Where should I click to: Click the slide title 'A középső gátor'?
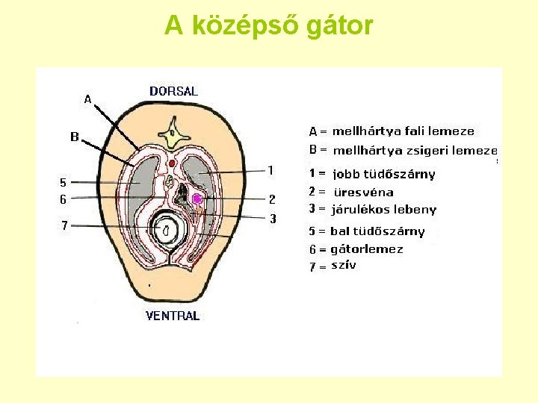pyautogui.click(x=268, y=25)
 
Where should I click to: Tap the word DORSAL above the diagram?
pyautogui.click(x=173, y=91)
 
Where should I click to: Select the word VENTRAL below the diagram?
pyautogui.click(x=173, y=316)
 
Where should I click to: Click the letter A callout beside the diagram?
pyautogui.click(x=87, y=99)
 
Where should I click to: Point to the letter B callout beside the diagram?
pyautogui.click(x=75, y=137)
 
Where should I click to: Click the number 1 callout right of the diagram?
pyautogui.click(x=270, y=170)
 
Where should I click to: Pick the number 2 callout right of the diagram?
pyautogui.click(x=272, y=199)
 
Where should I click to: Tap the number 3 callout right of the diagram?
pyautogui.click(x=273, y=219)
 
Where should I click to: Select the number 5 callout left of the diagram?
pyautogui.click(x=63, y=182)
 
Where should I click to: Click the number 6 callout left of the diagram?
pyautogui.click(x=64, y=199)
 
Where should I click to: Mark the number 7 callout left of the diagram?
pyautogui.click(x=65, y=225)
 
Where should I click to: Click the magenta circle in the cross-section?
pyautogui.click(x=197, y=199)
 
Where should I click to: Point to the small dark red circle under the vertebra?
pyautogui.click(x=173, y=163)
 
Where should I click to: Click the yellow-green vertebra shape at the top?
pyautogui.click(x=174, y=137)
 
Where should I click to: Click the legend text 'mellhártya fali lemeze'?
pyautogui.click(x=403, y=131)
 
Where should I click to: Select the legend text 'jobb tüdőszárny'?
pyautogui.click(x=383, y=174)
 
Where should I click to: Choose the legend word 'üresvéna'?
pyautogui.click(x=363, y=192)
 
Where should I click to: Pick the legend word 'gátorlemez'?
pyautogui.click(x=366, y=249)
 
